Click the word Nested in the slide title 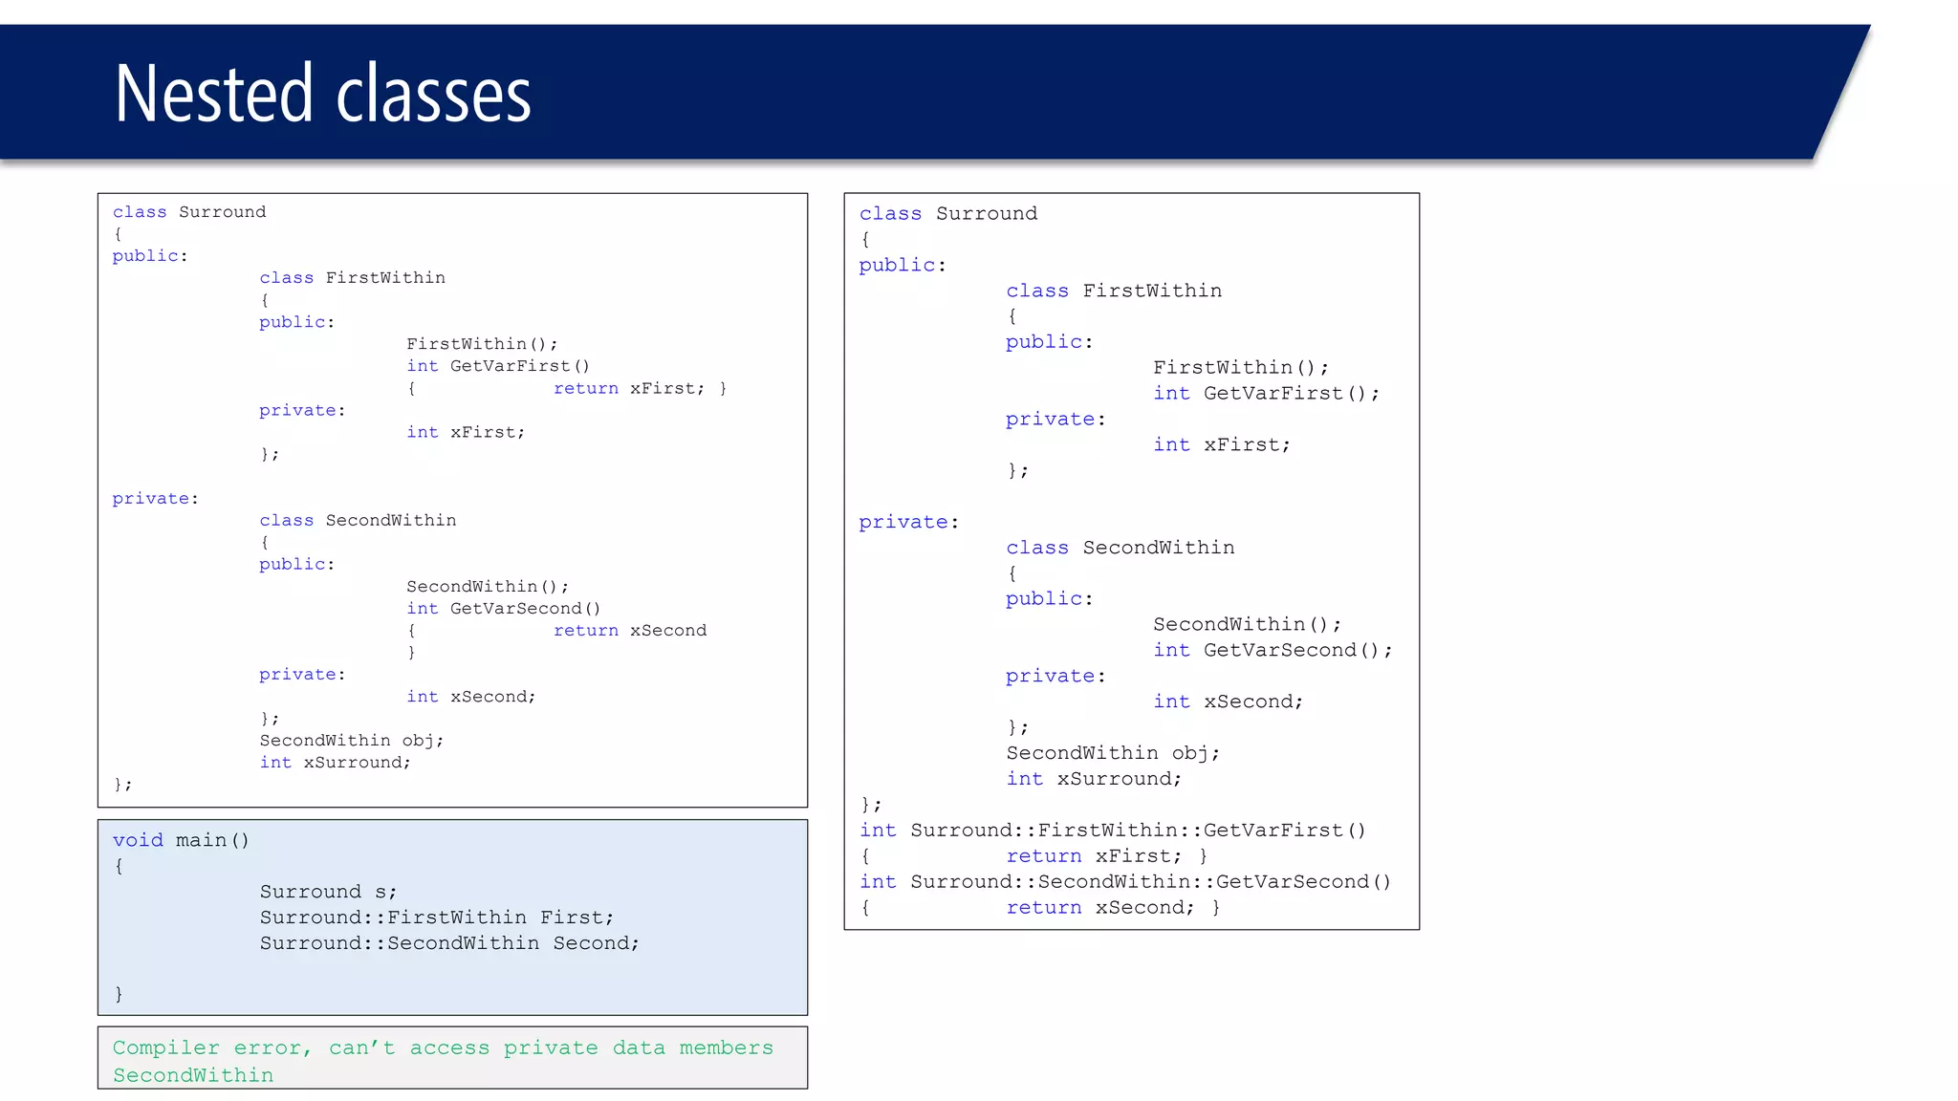point(213,94)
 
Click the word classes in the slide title point(433,94)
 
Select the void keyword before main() point(138,840)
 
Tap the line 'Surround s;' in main point(328,892)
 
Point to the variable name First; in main point(577,917)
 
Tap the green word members point(726,1048)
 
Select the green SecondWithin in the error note point(193,1076)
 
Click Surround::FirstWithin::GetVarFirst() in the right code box point(1138,831)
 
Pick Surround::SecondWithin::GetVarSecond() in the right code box point(1150,882)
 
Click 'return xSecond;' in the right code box point(1099,908)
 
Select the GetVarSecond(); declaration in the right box point(1296,651)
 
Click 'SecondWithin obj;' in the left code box point(351,741)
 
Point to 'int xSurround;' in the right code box point(1094,779)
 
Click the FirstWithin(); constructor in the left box point(482,344)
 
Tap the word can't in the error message point(361,1048)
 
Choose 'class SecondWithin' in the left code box point(358,521)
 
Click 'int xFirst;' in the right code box point(1221,445)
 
